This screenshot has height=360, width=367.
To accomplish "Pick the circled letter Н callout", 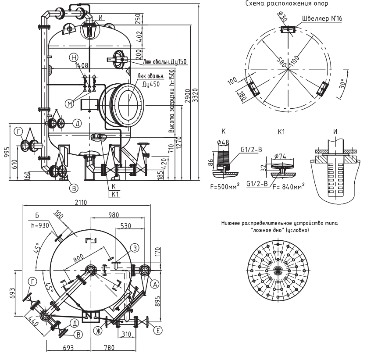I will point(75,58).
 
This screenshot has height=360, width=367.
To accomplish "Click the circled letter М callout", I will point(69,103).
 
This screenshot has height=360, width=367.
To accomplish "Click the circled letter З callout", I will point(136,249).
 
